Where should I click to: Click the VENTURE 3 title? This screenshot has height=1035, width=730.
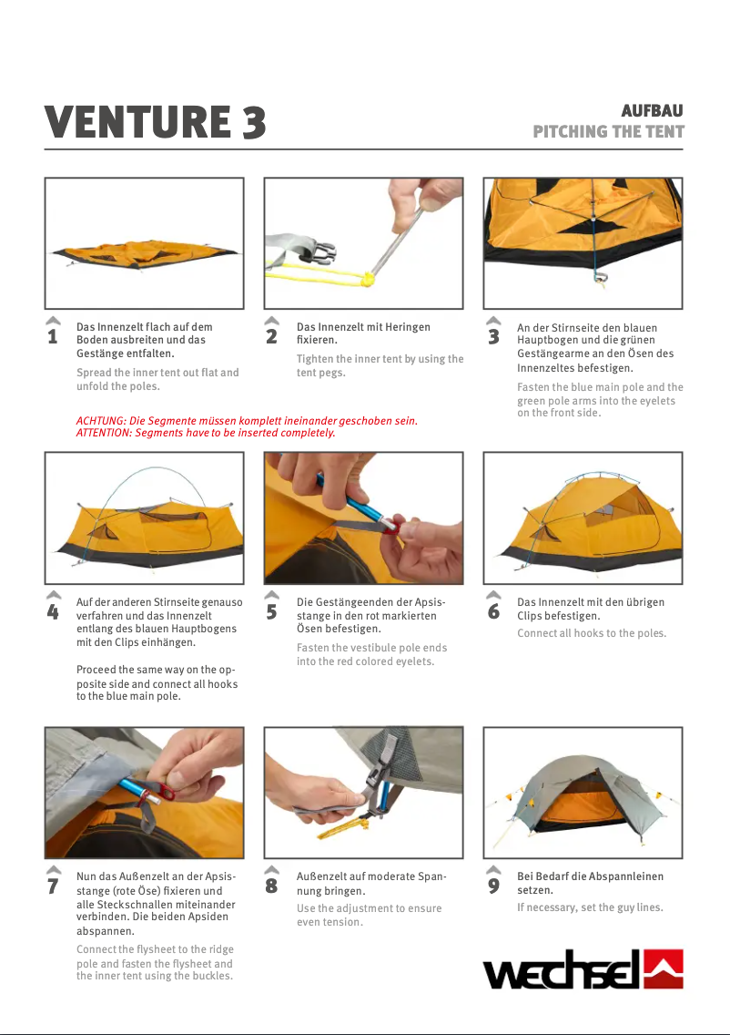(155, 122)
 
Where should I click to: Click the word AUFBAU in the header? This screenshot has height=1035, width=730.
(652, 110)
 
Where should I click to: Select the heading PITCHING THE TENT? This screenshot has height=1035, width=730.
(608, 131)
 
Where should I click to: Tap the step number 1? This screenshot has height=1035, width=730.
(53, 336)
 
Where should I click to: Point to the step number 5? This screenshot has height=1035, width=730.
(271, 612)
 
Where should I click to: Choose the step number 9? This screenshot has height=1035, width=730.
(493, 886)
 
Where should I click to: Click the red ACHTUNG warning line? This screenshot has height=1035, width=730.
(247, 421)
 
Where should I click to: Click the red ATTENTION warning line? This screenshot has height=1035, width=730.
(206, 433)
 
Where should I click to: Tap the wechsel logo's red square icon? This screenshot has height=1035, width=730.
(663, 969)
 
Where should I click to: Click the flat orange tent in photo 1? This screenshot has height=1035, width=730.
(145, 255)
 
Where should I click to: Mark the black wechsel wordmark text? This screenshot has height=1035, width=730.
(562, 970)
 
